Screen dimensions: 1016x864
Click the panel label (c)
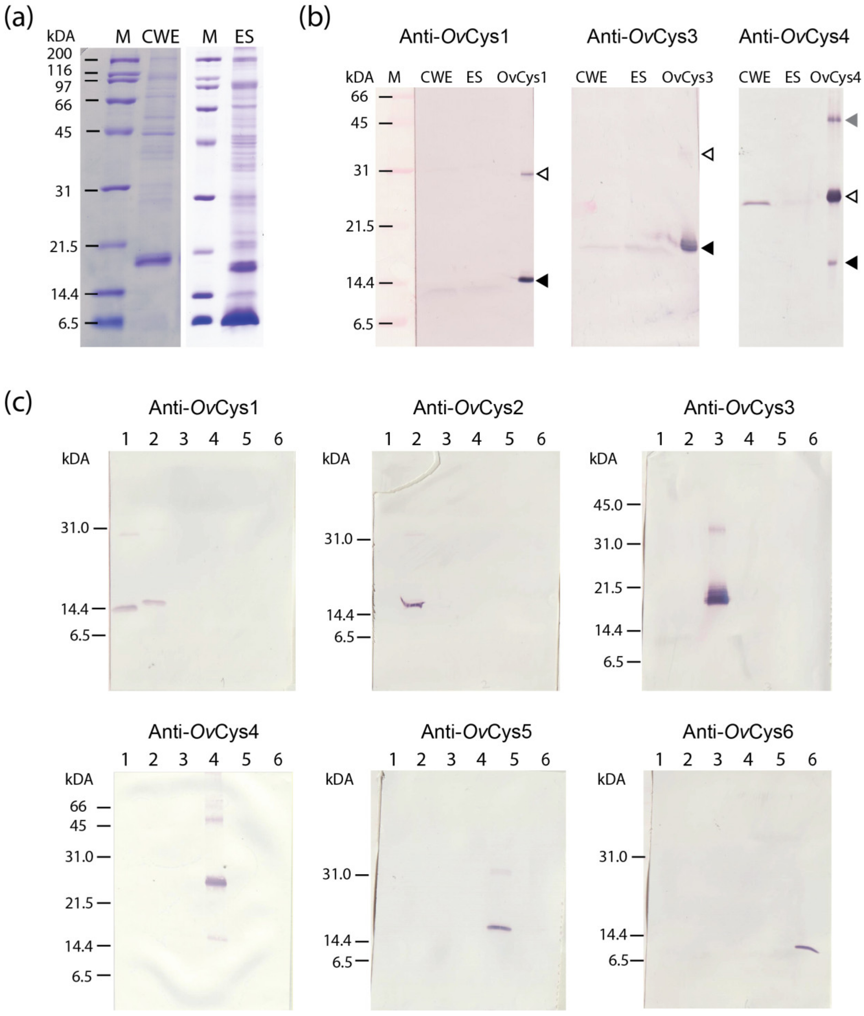[x=19, y=403]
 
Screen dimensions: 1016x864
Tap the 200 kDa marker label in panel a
[x=59, y=54]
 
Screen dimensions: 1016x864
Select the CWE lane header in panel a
[x=161, y=37]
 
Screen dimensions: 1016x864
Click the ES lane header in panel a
[x=244, y=37]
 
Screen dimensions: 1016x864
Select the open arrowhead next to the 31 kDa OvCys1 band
[x=543, y=174]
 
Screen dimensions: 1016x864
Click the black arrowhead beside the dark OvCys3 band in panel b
[x=707, y=248]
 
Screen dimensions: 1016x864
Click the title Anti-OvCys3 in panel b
[x=642, y=37]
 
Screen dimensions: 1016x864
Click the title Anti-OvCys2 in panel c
[x=468, y=408]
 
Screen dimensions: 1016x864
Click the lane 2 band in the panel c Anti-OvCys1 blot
[x=154, y=603]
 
